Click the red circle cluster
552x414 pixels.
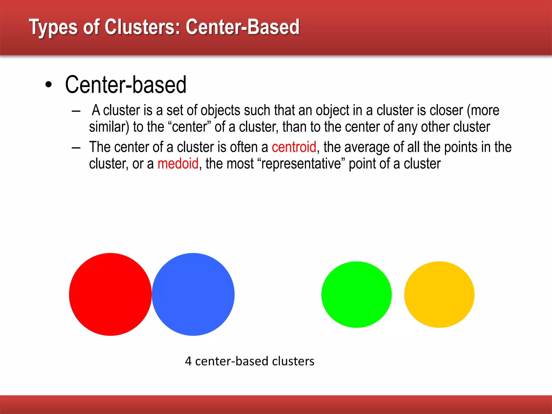tap(110, 294)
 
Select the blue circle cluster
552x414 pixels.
tap(193, 294)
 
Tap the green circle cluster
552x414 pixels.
tap(356, 295)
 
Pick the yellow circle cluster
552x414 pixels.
tap(439, 295)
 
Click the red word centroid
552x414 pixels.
tap(294, 147)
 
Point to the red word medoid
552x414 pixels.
tap(178, 164)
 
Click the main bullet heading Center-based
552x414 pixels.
tap(126, 85)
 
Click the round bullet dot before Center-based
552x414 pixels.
tap(49, 85)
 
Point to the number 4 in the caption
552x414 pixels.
tap(188, 361)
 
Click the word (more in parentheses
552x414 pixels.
tap(483, 111)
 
